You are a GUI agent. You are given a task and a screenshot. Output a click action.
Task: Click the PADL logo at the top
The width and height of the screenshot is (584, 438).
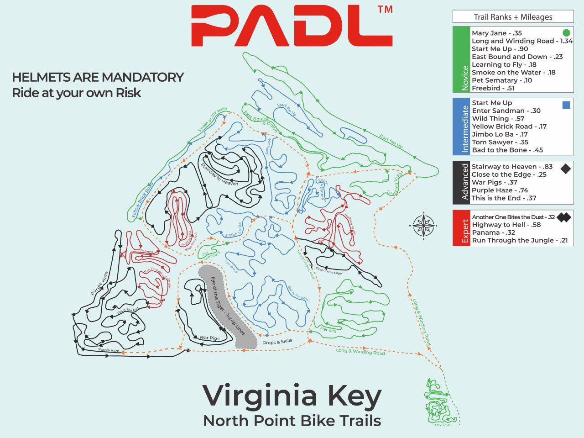point(292,26)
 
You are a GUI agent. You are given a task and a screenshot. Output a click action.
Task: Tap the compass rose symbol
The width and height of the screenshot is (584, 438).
point(424,226)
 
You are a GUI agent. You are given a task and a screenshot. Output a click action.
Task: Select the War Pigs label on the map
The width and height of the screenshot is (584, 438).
point(209,338)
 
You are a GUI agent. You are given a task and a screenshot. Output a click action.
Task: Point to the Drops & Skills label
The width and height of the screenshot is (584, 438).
point(277,342)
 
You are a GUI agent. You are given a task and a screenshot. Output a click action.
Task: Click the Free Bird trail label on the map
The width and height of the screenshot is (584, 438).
point(328,329)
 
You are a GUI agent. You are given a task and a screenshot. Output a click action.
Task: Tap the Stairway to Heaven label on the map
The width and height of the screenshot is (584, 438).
point(219,174)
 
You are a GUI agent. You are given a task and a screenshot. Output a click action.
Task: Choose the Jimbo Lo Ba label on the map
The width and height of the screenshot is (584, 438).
point(233,231)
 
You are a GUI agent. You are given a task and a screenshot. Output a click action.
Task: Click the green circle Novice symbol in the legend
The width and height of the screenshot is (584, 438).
point(566,33)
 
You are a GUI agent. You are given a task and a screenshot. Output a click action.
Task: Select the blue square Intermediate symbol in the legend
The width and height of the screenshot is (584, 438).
point(566,105)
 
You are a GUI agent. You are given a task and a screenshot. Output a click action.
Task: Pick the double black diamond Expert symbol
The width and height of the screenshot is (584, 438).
point(564,217)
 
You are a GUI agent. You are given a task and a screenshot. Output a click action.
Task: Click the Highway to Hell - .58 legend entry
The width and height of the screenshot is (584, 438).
point(506,225)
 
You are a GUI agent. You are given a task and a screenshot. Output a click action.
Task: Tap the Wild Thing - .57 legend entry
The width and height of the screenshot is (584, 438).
point(498,118)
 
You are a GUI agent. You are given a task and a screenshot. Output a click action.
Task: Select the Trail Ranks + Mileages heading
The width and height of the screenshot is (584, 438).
point(513,17)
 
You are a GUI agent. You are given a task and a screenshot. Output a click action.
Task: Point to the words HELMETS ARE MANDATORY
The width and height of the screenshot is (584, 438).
point(98,77)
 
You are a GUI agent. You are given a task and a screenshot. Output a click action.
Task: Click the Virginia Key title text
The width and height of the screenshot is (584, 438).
point(292,396)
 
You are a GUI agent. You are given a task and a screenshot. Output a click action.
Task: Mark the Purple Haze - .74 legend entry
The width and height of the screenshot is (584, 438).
point(500,190)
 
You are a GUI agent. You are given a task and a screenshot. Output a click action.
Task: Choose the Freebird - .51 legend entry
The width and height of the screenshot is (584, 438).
point(493,88)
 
